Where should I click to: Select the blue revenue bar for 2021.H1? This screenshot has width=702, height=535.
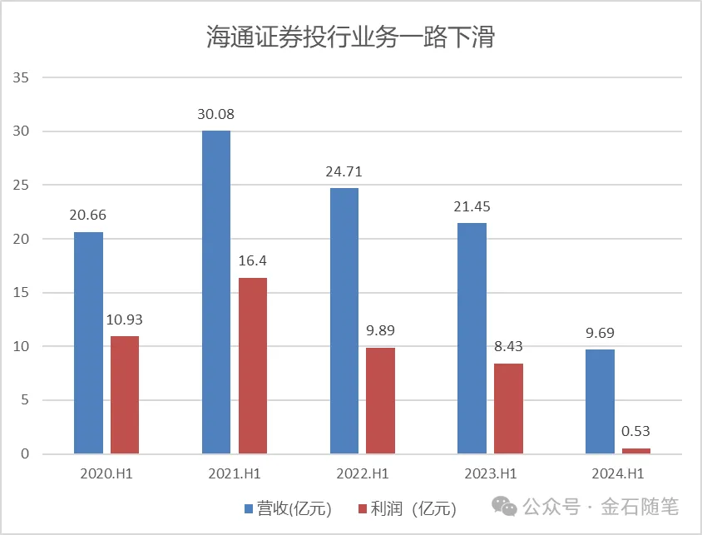[216, 292]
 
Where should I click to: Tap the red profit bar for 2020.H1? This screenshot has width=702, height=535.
[125, 395]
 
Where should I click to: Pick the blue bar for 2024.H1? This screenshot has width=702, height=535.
[601, 401]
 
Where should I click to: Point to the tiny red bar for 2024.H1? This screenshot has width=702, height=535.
[636, 451]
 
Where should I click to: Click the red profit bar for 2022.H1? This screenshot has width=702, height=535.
[381, 400]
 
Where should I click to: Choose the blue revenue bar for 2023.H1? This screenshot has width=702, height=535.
[472, 338]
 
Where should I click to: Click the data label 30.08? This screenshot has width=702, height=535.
[216, 114]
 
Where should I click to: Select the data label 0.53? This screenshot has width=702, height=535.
[635, 431]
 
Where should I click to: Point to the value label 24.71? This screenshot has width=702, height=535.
[344, 172]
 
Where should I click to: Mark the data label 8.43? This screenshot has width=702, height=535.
[507, 346]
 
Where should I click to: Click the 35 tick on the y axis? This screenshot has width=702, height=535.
[22, 78]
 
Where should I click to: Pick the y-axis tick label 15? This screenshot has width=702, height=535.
[22, 293]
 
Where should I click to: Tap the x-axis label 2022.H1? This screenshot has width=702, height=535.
[363, 475]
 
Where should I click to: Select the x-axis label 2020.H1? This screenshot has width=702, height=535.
[106, 475]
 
